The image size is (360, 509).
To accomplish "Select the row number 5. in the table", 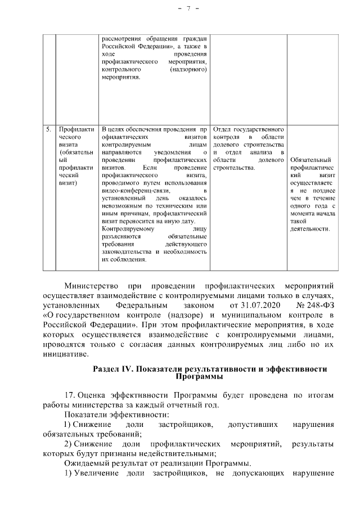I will point(49,130).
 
